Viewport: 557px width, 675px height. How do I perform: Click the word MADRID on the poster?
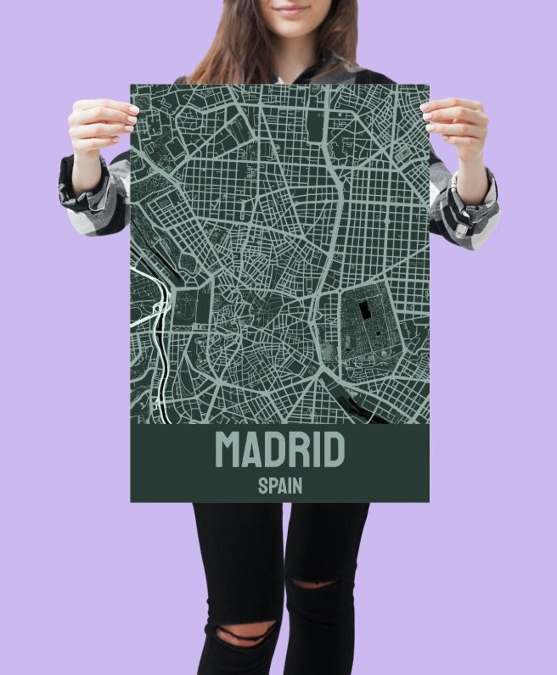coord(280,449)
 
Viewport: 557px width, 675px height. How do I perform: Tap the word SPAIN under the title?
coord(280,486)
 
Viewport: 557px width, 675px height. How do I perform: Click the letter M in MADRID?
coord(227,449)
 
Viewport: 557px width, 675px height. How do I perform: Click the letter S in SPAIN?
coord(263,486)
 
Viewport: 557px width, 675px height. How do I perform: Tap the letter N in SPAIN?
coord(297,486)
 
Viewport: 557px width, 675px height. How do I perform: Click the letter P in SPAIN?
coord(271,486)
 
